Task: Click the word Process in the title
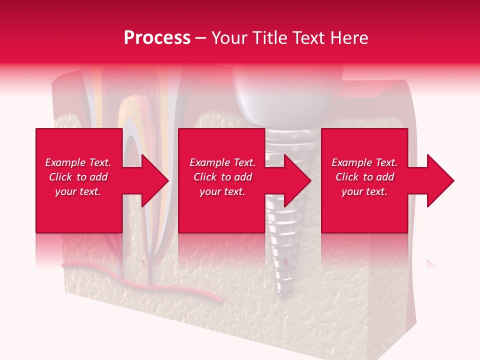(x=157, y=38)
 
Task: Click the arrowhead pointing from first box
(x=155, y=180)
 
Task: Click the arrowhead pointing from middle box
(x=297, y=180)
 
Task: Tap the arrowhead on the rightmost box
(x=440, y=180)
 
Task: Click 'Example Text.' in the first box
(x=78, y=162)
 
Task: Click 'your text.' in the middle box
(x=222, y=191)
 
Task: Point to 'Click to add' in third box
(x=364, y=177)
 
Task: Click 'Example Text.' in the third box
(x=364, y=162)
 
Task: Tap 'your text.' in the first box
(x=78, y=191)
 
